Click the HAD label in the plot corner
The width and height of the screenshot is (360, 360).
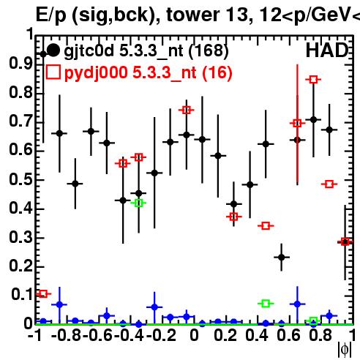(x=327, y=50)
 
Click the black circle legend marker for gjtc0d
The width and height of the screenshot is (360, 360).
(x=53, y=50)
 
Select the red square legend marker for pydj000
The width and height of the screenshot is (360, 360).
(x=53, y=72)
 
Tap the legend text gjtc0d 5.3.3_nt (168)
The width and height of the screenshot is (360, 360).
(x=146, y=51)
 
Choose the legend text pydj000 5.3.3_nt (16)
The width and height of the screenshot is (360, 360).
(x=149, y=72)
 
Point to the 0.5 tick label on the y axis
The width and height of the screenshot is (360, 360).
(x=21, y=179)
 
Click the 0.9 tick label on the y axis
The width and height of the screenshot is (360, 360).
(x=21, y=64)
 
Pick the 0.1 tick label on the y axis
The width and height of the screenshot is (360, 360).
(x=22, y=294)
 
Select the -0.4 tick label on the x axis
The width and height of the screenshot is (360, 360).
(x=129, y=335)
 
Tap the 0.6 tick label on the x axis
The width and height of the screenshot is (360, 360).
(x=289, y=335)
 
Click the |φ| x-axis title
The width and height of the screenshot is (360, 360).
(x=345, y=350)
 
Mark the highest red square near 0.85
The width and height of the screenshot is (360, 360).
(x=314, y=80)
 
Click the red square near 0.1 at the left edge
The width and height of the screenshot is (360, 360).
(x=43, y=293)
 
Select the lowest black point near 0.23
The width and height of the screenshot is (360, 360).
(x=282, y=257)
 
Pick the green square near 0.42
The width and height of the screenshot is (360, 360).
(x=138, y=203)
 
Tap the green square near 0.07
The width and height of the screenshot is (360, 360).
(x=266, y=304)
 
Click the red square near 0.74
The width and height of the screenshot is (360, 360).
(x=187, y=110)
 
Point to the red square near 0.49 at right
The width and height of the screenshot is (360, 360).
(x=329, y=184)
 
